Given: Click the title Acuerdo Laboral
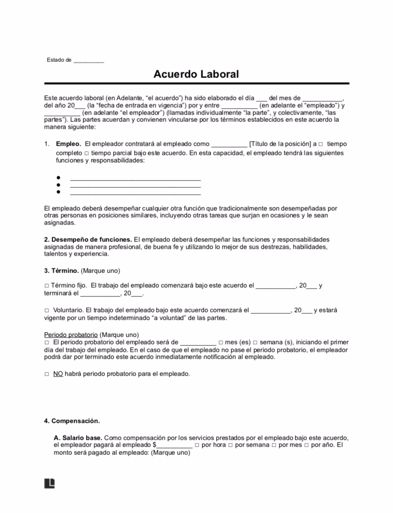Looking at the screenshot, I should pos(196,74).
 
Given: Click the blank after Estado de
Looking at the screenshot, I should pos(88,60).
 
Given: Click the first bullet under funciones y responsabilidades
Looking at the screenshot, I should pos(59,178).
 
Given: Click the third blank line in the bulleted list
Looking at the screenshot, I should pos(135,193).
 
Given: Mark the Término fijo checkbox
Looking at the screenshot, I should pos(47,286).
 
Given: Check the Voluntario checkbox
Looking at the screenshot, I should pos(47,310).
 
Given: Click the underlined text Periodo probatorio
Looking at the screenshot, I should pos(71,335).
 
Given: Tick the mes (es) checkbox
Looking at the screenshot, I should pos(221,343).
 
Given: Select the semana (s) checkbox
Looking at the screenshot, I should pos(255,343).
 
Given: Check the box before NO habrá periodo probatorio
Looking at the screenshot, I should pos(47,374).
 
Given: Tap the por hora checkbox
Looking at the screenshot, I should pos(197,445).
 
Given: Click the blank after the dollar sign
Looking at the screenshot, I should pos(175,445).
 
